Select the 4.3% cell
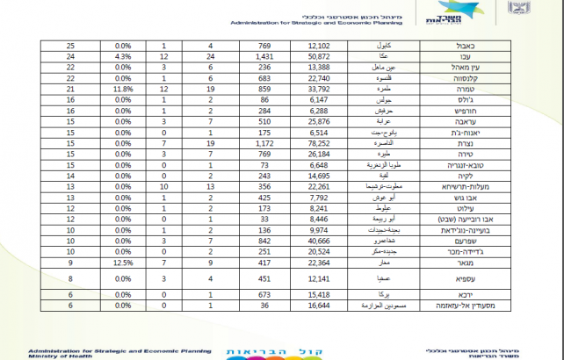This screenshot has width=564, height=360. point(122,55)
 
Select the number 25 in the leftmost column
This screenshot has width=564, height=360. point(69,44)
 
